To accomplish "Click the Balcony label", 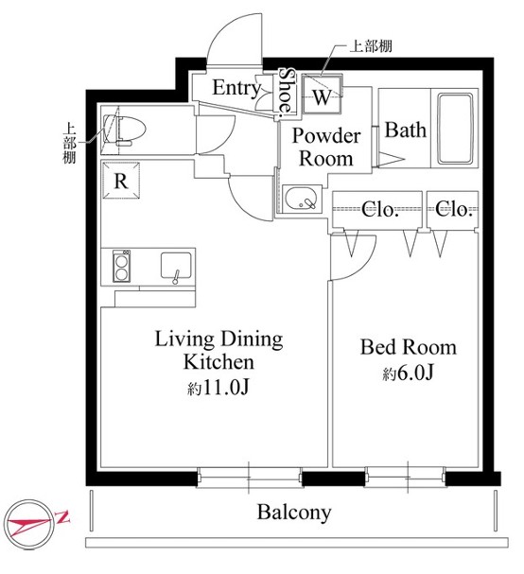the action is (x=294, y=513).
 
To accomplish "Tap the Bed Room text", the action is (x=409, y=347).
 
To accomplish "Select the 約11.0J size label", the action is (x=218, y=388).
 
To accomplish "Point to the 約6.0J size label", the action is (x=408, y=374).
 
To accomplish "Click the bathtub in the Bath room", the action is (x=455, y=129).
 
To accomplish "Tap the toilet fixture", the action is (x=125, y=130).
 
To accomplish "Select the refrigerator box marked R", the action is (x=121, y=181).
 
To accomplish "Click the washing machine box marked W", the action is (x=323, y=95).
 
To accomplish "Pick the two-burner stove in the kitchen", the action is (x=121, y=266).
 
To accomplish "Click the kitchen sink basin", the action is (x=176, y=266).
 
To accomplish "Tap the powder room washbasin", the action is (x=302, y=200).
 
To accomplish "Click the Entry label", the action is (x=236, y=88).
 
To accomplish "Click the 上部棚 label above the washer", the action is (x=371, y=46).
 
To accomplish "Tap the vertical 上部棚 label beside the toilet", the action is (x=69, y=143).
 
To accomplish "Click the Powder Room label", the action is (x=326, y=147).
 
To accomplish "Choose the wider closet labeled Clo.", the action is (x=377, y=209).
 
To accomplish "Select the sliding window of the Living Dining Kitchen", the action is (x=249, y=478).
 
